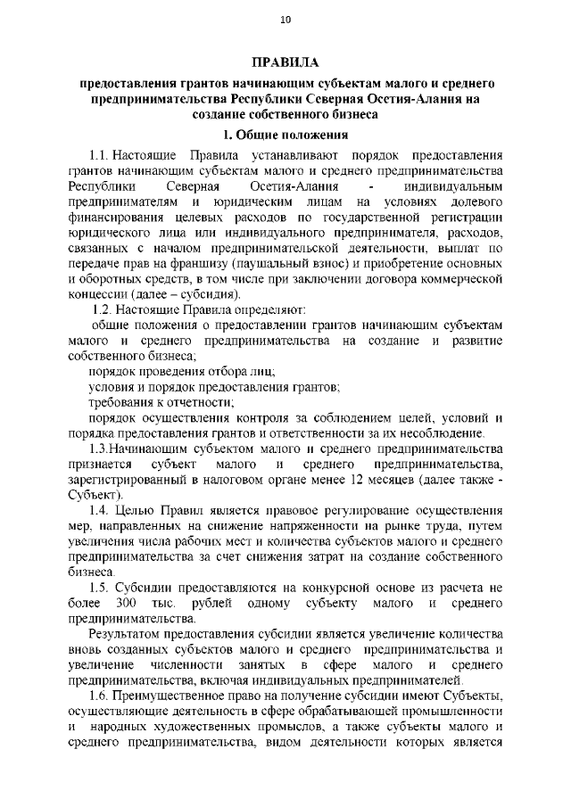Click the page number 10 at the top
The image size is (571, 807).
(x=285, y=19)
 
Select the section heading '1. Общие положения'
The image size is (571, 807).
(x=285, y=136)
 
